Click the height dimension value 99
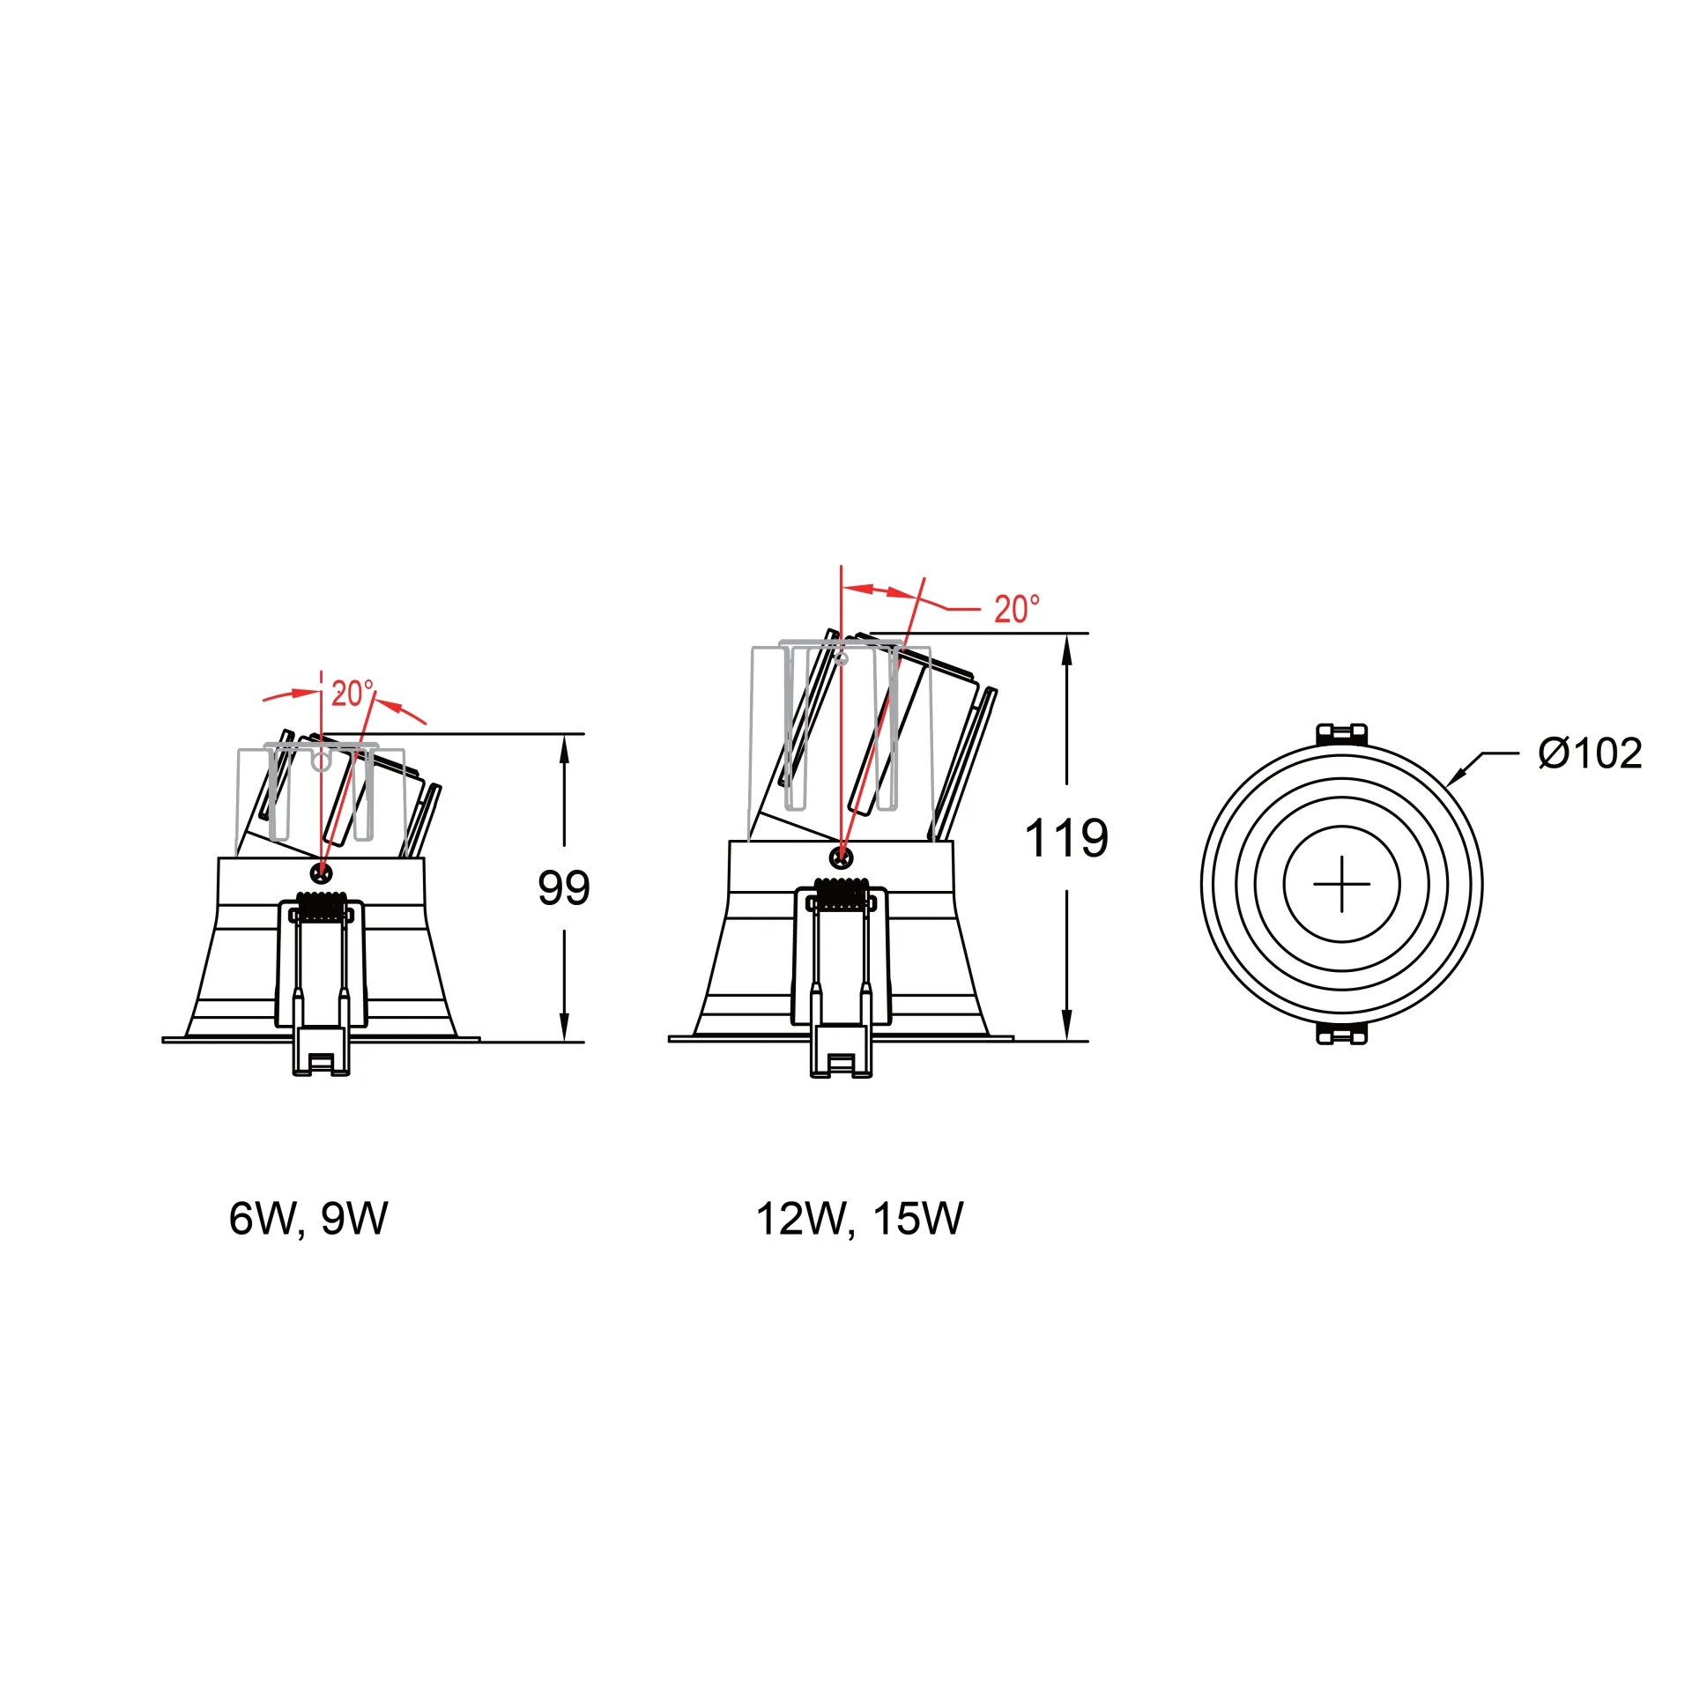point(564,887)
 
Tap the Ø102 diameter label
point(1591,753)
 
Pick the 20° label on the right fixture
point(1017,609)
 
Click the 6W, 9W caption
point(308,1219)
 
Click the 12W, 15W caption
point(860,1219)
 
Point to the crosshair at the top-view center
point(1341,884)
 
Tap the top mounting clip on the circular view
point(1341,735)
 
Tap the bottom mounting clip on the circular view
point(1341,1033)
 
